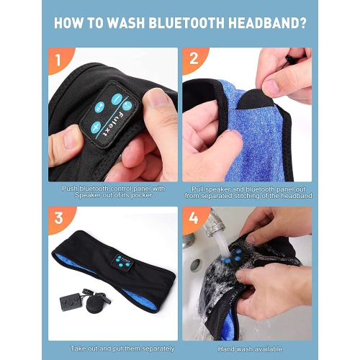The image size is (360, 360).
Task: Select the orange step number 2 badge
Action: coord(194,60)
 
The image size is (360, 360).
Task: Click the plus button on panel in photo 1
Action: coord(95,126)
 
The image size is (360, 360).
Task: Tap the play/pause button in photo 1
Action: coord(100,107)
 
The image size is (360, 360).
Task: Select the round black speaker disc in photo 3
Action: coord(95,303)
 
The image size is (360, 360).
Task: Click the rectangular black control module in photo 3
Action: coord(71,301)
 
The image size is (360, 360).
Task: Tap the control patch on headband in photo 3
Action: coord(122,261)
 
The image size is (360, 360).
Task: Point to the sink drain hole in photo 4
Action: coord(197,264)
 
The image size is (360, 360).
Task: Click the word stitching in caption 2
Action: coord(244,196)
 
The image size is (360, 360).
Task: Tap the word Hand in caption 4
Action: coord(226,349)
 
